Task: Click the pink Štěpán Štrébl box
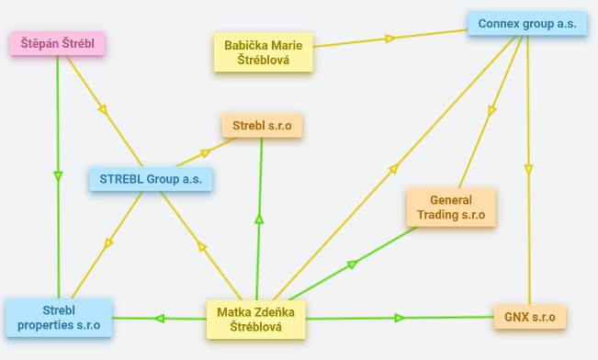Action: coord(58,43)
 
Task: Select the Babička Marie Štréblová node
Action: coord(263,52)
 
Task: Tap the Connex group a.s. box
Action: coord(527,24)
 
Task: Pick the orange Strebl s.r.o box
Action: coord(263,126)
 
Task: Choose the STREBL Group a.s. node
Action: coord(151,179)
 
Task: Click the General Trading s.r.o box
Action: coord(451,208)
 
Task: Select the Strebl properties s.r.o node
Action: coord(59,318)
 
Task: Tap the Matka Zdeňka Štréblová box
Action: coord(256,320)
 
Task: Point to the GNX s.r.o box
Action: coord(530,317)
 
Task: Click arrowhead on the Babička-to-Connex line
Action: coord(389,39)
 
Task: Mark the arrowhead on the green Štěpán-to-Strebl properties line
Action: coord(58,176)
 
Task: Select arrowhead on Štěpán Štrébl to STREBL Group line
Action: coord(103,110)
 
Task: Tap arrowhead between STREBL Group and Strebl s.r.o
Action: coord(206,153)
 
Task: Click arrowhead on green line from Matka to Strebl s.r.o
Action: coord(259,219)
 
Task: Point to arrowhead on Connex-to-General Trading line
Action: coord(491,110)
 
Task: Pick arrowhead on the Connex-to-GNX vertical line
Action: coord(528,169)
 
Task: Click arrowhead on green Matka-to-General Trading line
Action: coord(353,264)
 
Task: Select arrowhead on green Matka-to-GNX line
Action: coord(400,318)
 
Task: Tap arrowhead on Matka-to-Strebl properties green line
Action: coord(160,319)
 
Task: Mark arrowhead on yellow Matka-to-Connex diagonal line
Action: coord(394,169)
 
